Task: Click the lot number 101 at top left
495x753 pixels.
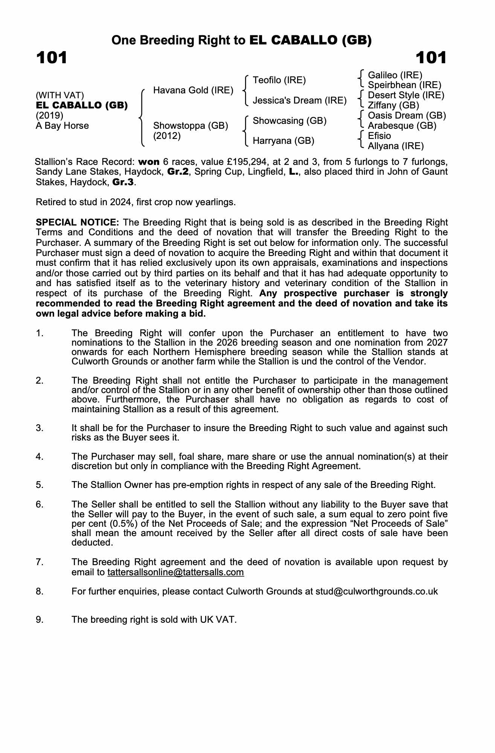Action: pyautogui.click(x=52, y=58)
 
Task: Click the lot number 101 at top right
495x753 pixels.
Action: pyautogui.click(x=431, y=58)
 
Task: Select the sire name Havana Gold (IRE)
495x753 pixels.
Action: pyautogui.click(x=193, y=90)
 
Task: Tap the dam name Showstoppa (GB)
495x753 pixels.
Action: pyautogui.click(x=190, y=126)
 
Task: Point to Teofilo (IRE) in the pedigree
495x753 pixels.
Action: pyautogui.click(x=279, y=80)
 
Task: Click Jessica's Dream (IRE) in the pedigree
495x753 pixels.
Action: pyautogui.click(x=300, y=101)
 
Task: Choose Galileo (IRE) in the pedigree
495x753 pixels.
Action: pyautogui.click(x=395, y=75)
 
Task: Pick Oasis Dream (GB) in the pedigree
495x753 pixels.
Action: pyautogui.click(x=407, y=116)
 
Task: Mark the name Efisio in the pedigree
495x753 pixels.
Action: pyautogui.click(x=379, y=136)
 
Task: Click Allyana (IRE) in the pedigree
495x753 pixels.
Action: pyautogui.click(x=396, y=146)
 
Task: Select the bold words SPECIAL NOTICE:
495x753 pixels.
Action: pyautogui.click(x=77, y=222)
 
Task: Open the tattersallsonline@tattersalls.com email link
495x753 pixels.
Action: pyautogui.click(x=175, y=572)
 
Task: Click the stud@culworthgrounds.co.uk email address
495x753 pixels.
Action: pyautogui.click(x=376, y=591)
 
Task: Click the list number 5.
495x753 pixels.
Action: pyautogui.click(x=40, y=485)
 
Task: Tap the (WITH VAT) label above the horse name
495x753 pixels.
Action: pyautogui.click(x=60, y=95)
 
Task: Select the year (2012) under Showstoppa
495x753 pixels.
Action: pyautogui.click(x=167, y=136)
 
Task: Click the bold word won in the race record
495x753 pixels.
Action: pyautogui.click(x=149, y=162)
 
